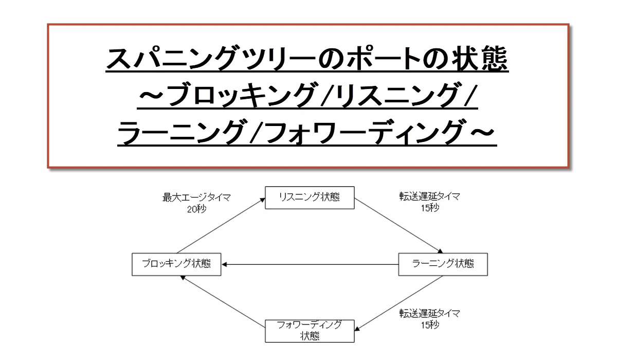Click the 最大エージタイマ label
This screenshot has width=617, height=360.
coord(196,197)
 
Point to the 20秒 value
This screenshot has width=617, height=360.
coord(196,209)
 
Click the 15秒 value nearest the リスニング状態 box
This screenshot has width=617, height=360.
coord(430,208)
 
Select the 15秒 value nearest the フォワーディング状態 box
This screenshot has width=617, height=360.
coord(430,325)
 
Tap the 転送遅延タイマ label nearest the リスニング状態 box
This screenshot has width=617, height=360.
coord(430,196)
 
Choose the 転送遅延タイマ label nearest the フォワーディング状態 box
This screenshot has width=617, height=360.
coord(430,313)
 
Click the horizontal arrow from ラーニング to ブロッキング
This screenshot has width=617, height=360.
coord(310,264)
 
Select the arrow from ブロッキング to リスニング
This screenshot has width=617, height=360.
coord(221,226)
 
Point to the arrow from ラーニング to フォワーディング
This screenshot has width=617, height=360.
coord(398,303)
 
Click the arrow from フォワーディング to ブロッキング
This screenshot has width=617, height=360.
coord(223,301)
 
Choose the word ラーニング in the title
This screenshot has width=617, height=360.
coord(180,132)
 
